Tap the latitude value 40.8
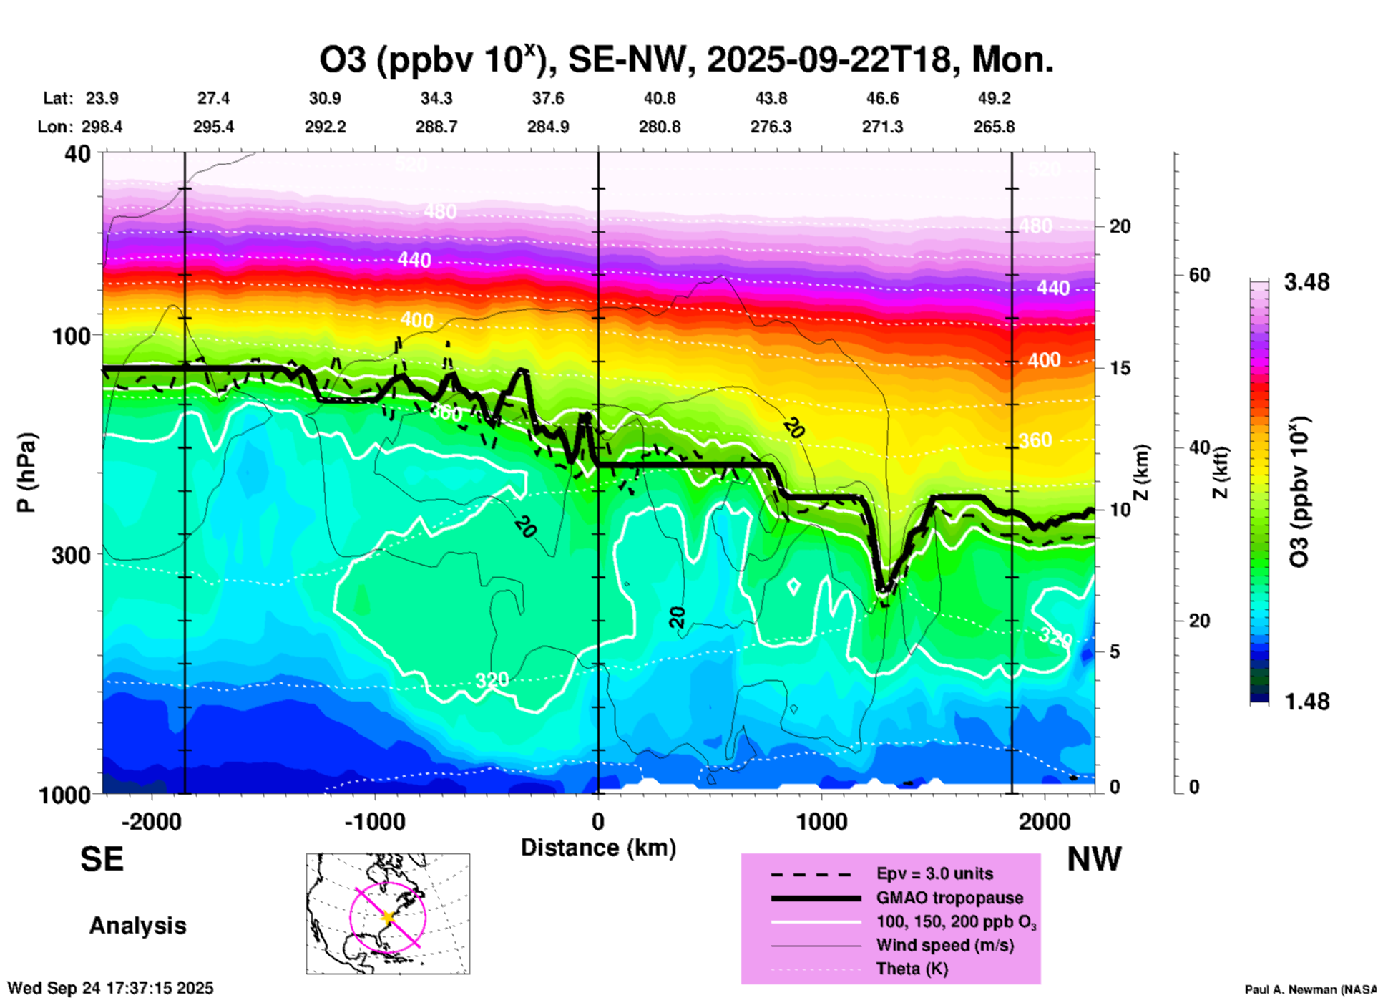(x=659, y=98)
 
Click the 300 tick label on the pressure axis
(x=72, y=555)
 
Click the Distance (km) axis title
(x=598, y=848)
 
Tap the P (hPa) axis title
(x=26, y=473)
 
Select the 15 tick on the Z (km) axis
(x=1120, y=368)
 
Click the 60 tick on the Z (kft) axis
(x=1199, y=276)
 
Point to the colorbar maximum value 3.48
(x=1306, y=283)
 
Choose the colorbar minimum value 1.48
(x=1306, y=702)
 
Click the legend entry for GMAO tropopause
(x=949, y=898)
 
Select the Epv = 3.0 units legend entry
(x=934, y=874)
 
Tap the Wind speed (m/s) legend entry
(x=944, y=946)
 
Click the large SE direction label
(x=102, y=859)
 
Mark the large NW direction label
(x=1094, y=859)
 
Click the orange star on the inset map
(x=388, y=917)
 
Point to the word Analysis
(x=137, y=926)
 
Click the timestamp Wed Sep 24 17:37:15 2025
(x=110, y=988)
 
